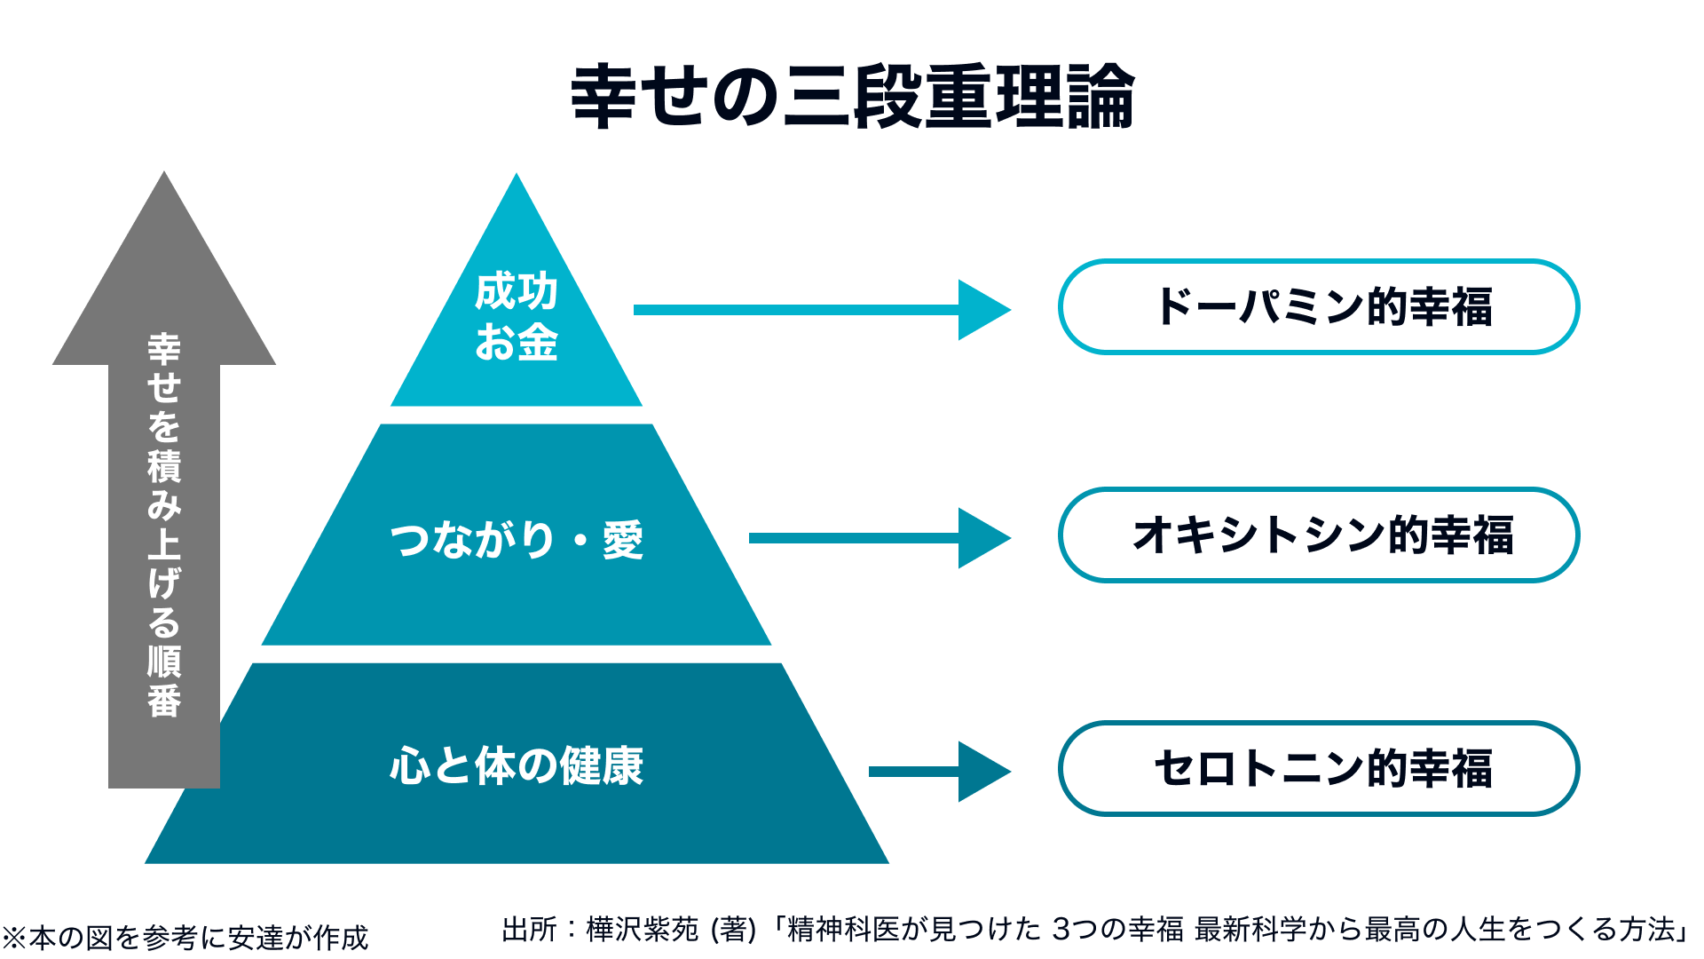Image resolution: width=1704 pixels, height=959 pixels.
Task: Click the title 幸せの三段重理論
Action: [852, 96]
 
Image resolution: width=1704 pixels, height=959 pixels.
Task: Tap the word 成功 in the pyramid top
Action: [517, 291]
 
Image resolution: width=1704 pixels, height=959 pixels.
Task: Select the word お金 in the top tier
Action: [517, 342]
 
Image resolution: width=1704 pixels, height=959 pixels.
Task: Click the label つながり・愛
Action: [517, 539]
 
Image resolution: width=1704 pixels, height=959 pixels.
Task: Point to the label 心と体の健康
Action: [517, 765]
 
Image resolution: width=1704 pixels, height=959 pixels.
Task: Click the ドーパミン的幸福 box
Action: [1319, 307]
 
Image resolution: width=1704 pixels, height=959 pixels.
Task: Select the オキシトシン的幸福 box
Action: [1319, 535]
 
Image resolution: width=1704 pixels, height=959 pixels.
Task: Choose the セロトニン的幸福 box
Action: [1319, 768]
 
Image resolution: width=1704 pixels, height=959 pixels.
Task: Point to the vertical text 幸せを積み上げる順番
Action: [164, 525]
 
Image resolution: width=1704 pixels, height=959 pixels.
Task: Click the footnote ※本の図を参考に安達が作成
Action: [185, 938]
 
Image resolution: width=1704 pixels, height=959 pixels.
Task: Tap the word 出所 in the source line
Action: [530, 929]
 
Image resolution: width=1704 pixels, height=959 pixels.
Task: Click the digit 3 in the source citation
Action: [1061, 930]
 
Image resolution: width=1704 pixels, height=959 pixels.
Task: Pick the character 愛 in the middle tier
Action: [623, 539]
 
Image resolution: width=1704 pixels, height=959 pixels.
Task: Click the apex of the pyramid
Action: [517, 173]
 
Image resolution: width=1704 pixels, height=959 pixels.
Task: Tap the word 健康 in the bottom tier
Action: [602, 765]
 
